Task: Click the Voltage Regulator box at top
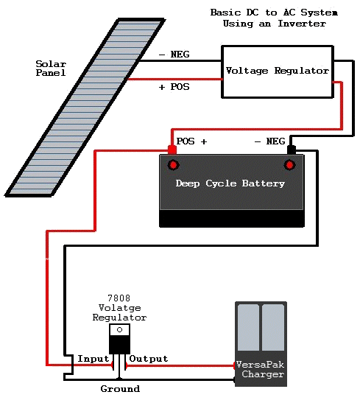(x=277, y=71)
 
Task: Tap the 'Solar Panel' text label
(x=51, y=69)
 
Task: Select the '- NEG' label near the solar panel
(x=174, y=55)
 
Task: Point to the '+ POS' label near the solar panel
(x=174, y=87)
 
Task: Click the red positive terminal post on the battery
(x=172, y=150)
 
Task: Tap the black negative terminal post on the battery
(x=291, y=150)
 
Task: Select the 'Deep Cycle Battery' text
(x=230, y=183)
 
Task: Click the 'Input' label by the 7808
(x=93, y=359)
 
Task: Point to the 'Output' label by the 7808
(x=148, y=359)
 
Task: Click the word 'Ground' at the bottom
(x=119, y=388)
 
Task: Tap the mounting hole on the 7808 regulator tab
(x=119, y=329)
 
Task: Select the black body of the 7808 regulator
(x=119, y=344)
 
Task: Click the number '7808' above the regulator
(x=119, y=298)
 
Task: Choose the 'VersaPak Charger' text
(x=260, y=369)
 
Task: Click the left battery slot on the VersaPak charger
(x=248, y=328)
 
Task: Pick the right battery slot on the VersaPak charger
(x=273, y=328)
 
